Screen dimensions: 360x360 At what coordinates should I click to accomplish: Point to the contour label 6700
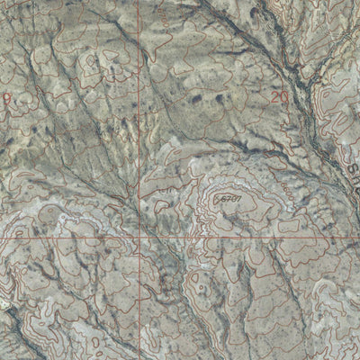(286, 191)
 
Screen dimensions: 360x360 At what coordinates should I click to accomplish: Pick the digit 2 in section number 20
(274, 94)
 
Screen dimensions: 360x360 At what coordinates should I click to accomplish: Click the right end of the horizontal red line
(357, 239)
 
